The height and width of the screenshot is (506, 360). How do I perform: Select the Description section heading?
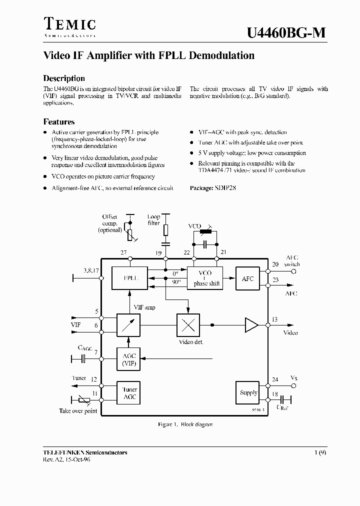pyautogui.click(x=64, y=78)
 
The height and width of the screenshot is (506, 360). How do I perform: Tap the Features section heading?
pyautogui.click(x=59, y=121)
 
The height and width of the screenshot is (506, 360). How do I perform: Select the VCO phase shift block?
pyautogui.click(x=204, y=278)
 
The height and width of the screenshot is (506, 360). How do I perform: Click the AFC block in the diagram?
pyautogui.click(x=248, y=278)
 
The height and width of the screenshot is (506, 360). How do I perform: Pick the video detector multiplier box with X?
pyautogui.click(x=188, y=325)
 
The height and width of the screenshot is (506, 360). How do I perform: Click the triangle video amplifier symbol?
pyautogui.click(x=251, y=325)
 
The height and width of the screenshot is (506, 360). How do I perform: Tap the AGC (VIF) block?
pyautogui.click(x=128, y=359)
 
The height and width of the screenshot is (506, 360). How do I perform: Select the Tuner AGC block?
pyautogui.click(x=128, y=393)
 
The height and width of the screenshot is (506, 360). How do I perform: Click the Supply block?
pyautogui.click(x=248, y=392)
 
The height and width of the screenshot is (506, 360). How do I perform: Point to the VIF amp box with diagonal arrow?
pyautogui.click(x=128, y=325)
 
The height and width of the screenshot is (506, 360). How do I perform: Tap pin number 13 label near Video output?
pyautogui.click(x=275, y=319)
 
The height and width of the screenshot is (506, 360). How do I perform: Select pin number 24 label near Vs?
pyautogui.click(x=275, y=379)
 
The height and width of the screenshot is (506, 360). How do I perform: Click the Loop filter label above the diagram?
pyautogui.click(x=153, y=220)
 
